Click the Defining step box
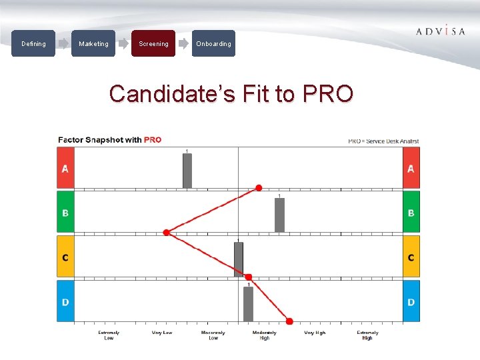[33, 44]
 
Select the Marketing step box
[93, 44]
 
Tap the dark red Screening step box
[153, 44]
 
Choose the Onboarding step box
[213, 44]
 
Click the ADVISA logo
[440, 31]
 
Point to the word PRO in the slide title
[327, 94]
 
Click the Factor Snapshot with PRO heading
[110, 140]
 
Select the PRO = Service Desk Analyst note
[383, 141]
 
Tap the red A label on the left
[65, 169]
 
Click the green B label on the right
[411, 213]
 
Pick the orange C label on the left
[65, 257]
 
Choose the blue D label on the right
[411, 302]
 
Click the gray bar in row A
[187, 171]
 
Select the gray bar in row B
[279, 215]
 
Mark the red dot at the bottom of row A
[259, 188]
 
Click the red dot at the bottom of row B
[166, 232]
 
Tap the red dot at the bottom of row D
[289, 321]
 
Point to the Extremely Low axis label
[109, 335]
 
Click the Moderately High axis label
[265, 335]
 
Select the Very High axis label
[315, 333]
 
